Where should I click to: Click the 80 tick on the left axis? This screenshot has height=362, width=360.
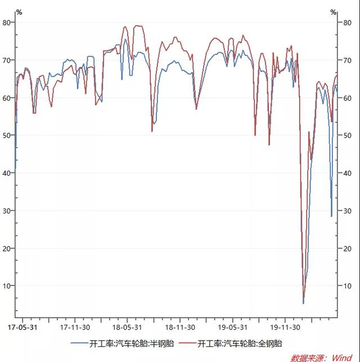tap(7, 23)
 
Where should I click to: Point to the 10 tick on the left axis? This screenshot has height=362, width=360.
tap(7, 286)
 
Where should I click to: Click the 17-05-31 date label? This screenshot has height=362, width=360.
tap(22, 327)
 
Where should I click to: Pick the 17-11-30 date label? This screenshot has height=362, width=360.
tap(75, 327)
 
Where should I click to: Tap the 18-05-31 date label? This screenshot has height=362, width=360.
tap(127, 327)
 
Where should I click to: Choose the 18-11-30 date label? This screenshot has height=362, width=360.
tap(180, 327)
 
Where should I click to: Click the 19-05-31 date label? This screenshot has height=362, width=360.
tap(233, 327)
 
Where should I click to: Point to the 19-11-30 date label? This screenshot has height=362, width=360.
tap(285, 327)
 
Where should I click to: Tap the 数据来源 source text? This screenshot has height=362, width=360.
tap(308, 357)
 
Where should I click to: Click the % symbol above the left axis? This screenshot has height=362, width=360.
tap(19, 12)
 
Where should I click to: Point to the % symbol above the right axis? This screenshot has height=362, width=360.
tap(334, 12)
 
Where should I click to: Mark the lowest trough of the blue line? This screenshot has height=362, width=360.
tap(303, 303)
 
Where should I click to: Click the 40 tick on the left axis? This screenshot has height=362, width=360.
tap(7, 173)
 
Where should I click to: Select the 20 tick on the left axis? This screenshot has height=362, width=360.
tap(7, 248)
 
